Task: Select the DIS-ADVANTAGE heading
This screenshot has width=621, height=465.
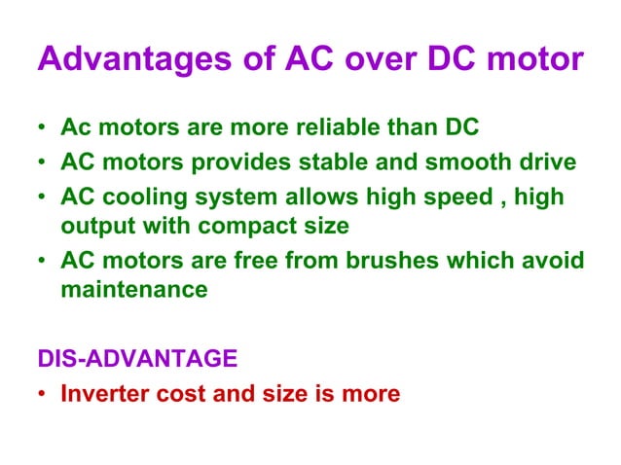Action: click(x=137, y=359)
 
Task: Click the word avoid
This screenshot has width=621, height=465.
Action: click(x=555, y=262)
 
